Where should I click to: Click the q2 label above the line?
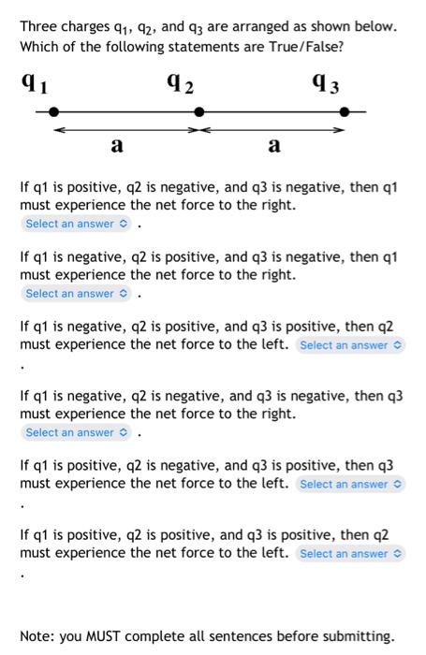184,84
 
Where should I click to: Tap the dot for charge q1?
54,111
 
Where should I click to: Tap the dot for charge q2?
198,111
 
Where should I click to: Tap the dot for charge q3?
345,111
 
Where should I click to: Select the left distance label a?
116,145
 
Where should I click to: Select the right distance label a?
273,145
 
